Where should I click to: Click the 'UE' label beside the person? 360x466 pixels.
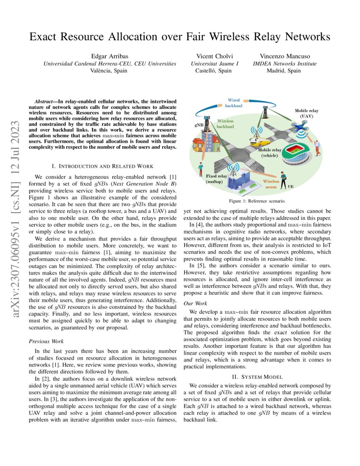point(291,186)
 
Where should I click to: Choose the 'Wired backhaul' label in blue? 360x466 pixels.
point(234,103)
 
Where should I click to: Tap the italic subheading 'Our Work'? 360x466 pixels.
point(195,303)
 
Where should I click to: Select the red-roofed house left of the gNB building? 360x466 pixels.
point(200,144)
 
